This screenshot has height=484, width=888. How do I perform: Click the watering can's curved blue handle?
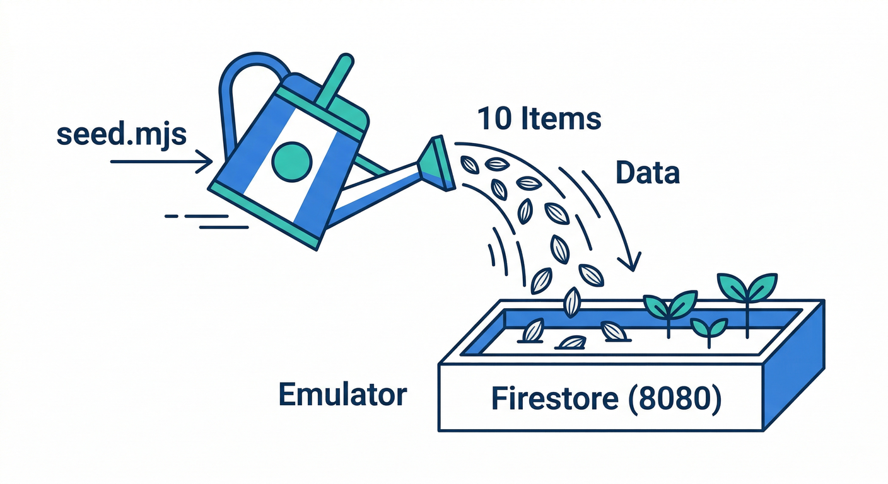[x=237, y=88]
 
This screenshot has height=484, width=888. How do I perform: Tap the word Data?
[x=647, y=171]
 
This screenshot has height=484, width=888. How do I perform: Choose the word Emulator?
[x=342, y=395]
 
